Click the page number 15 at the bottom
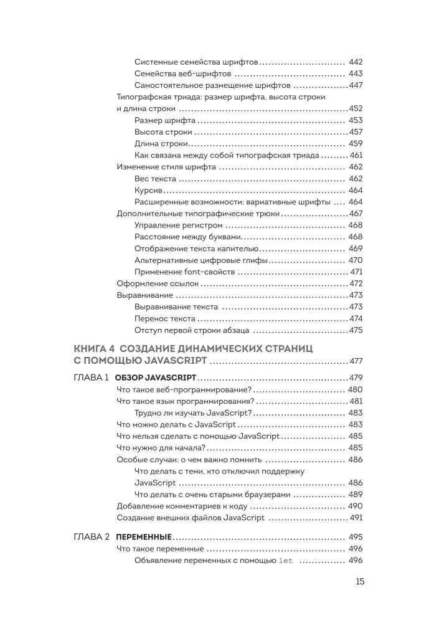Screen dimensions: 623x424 pyautogui.click(x=360, y=581)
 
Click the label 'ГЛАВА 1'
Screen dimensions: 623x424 pyautogui.click(x=92, y=378)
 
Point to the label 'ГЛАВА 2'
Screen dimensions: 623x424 pyautogui.click(x=92, y=536)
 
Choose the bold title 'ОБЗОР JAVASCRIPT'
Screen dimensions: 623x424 pyautogui.click(x=156, y=378)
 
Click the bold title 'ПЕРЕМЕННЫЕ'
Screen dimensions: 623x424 pyautogui.click(x=144, y=536)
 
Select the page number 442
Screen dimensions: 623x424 pyautogui.click(x=356, y=62)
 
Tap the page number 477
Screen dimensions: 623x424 pyautogui.click(x=356, y=361)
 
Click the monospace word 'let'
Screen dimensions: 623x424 pyautogui.click(x=285, y=561)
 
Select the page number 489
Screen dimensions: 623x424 pyautogui.click(x=356, y=494)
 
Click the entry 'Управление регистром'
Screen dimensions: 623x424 pyautogui.click(x=177, y=225)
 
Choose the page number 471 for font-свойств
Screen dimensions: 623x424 pyautogui.click(x=356, y=272)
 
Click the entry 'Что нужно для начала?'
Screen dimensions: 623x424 pyautogui.click(x=161, y=447)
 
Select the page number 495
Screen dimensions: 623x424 pyautogui.click(x=356, y=536)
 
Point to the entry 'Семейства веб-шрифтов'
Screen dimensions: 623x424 pyautogui.click(x=179, y=74)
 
